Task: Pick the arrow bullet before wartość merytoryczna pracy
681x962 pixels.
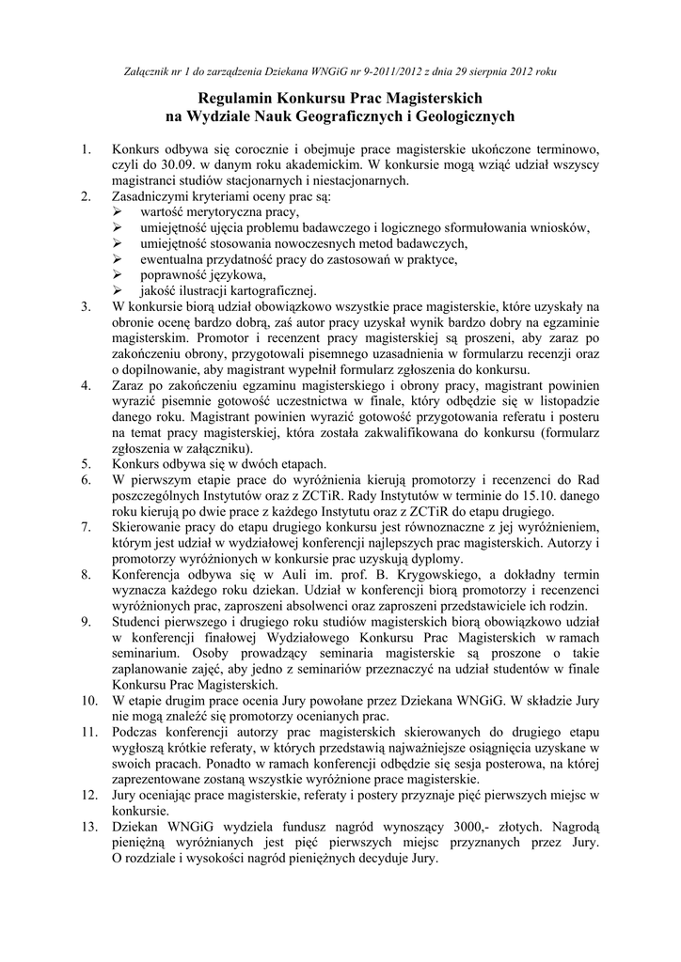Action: (x=117, y=213)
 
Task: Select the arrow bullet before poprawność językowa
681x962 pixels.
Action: (x=117, y=274)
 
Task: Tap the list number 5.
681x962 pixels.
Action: (x=86, y=463)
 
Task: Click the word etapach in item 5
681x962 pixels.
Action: (x=300, y=463)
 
